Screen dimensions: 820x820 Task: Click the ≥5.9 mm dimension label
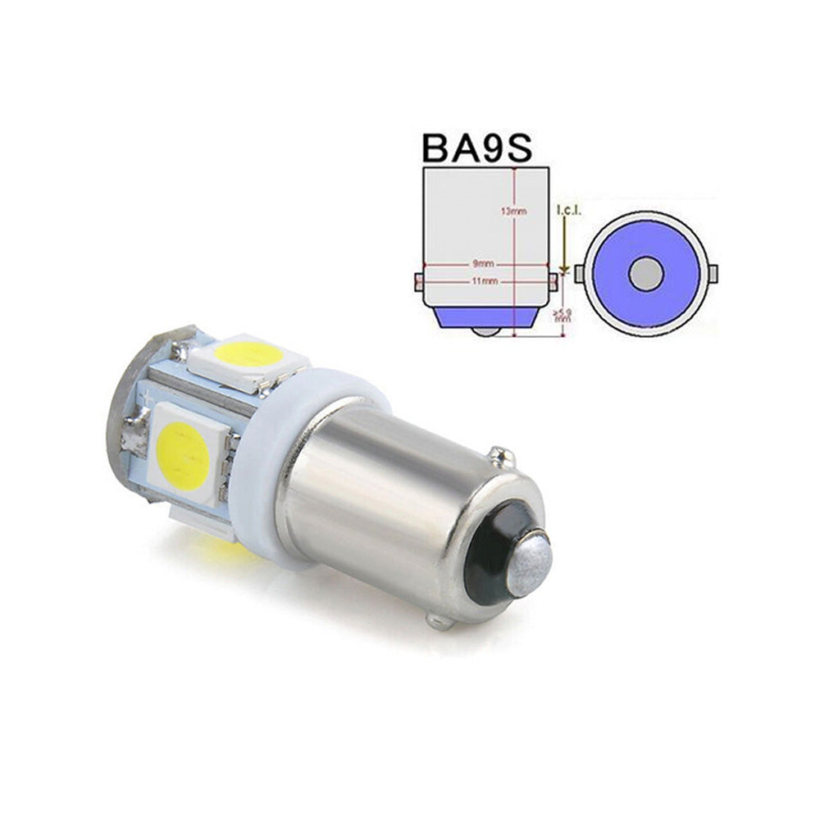(x=562, y=317)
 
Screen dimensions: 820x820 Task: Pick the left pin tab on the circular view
(x=580, y=271)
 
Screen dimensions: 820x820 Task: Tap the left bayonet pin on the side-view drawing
(x=418, y=280)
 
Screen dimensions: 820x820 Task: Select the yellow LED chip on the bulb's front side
(x=182, y=453)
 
